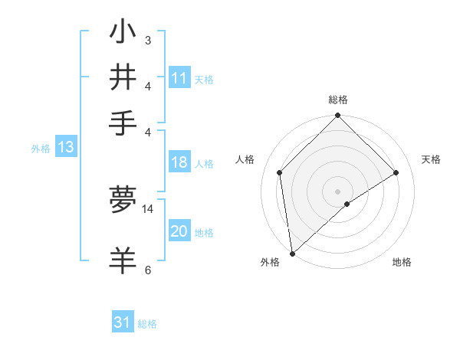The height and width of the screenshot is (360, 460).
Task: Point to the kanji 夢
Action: coord(123,200)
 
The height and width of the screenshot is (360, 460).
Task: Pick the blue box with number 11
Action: coord(179,78)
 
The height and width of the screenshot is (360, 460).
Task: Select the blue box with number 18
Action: coord(179,162)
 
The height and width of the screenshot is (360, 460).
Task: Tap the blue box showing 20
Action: coord(179,231)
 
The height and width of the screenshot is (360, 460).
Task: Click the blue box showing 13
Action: coord(65,147)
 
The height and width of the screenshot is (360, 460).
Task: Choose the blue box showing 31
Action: coord(123,322)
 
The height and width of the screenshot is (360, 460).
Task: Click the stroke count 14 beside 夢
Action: coord(148,208)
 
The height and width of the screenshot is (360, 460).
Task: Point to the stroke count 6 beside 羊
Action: coord(148,270)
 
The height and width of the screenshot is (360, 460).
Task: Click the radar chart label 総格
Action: coord(338,100)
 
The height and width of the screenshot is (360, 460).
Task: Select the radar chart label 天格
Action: coord(431,159)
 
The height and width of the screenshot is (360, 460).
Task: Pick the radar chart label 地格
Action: coord(402,262)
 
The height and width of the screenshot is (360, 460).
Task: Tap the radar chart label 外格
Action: coord(269,262)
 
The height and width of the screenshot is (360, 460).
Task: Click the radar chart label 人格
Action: coord(245,159)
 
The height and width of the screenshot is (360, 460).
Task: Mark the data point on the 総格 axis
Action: coord(338,116)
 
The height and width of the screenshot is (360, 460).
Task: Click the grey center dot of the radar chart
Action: coord(338,191)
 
